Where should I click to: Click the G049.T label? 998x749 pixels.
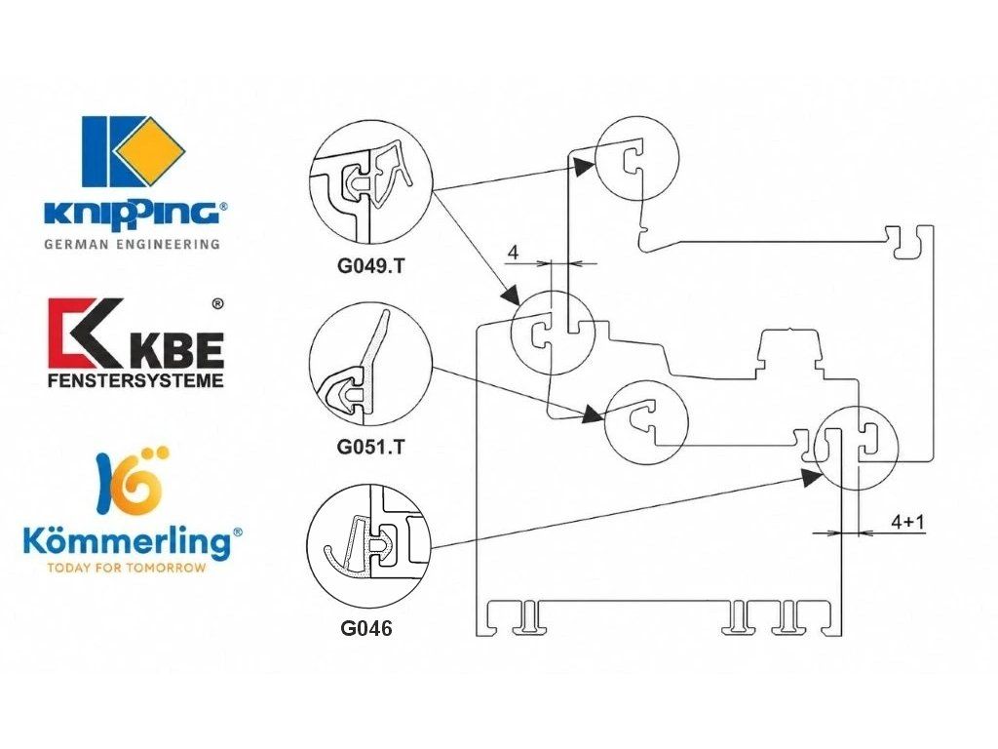point(370,266)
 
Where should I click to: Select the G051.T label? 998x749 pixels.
point(370,447)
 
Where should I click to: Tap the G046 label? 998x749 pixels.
point(366,629)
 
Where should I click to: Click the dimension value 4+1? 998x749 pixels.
point(907,523)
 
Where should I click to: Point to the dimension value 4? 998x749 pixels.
point(513,253)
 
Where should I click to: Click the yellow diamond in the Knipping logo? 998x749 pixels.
point(150,151)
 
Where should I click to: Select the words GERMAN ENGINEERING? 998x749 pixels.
point(133,244)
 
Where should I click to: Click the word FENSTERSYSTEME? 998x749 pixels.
point(135,381)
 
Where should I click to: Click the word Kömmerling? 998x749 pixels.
point(128,542)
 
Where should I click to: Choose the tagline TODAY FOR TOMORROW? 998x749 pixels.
point(126,568)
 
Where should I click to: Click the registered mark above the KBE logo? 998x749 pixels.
point(217,304)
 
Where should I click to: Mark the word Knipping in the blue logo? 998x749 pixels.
point(133,213)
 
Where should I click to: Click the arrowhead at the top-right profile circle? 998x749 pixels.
point(583,166)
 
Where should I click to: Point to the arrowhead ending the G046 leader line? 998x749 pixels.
point(811,477)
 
